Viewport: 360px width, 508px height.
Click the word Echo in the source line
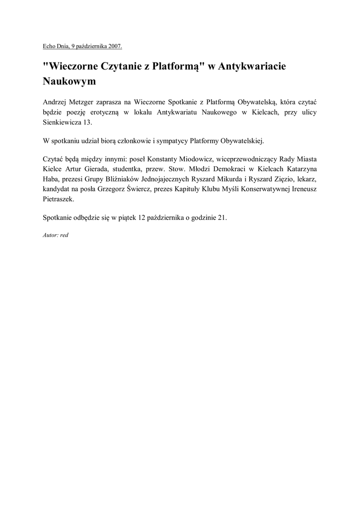[x=49, y=47]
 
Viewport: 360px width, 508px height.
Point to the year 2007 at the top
[x=114, y=47]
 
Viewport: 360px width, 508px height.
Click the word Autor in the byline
[x=50, y=235]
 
